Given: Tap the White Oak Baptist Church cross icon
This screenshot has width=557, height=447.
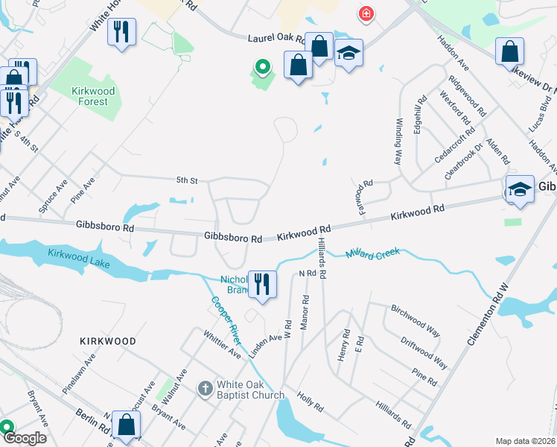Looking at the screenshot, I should pyautogui.click(x=206, y=388).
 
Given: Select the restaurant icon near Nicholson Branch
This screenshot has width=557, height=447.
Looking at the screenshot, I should pyautogui.click(x=262, y=285).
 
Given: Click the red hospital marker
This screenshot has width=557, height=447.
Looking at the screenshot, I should pyautogui.click(x=366, y=13).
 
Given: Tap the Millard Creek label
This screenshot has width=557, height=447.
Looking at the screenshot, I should pyautogui.click(x=373, y=254).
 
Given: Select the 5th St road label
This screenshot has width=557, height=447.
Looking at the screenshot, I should pyautogui.click(x=187, y=180).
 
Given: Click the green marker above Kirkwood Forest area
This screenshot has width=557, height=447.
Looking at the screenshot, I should pyautogui.click(x=262, y=68).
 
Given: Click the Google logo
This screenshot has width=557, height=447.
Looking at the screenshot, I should pyautogui.click(x=25, y=438).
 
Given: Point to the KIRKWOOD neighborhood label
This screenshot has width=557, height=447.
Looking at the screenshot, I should pyautogui.click(x=108, y=341).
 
